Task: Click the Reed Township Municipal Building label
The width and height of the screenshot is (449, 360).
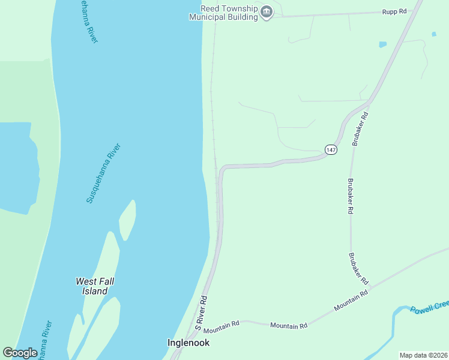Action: coord(223,13)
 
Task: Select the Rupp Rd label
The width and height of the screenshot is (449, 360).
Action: coord(394,11)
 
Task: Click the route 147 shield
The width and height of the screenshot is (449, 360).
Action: coord(331,149)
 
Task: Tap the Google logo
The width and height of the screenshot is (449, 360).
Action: coord(20,353)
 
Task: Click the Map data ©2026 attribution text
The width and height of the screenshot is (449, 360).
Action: coord(423,355)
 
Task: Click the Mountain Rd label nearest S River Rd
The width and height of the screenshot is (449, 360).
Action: coord(221,327)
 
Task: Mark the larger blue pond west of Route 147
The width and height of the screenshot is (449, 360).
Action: coord(382,44)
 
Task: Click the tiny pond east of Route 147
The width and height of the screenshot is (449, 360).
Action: coord(433,34)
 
